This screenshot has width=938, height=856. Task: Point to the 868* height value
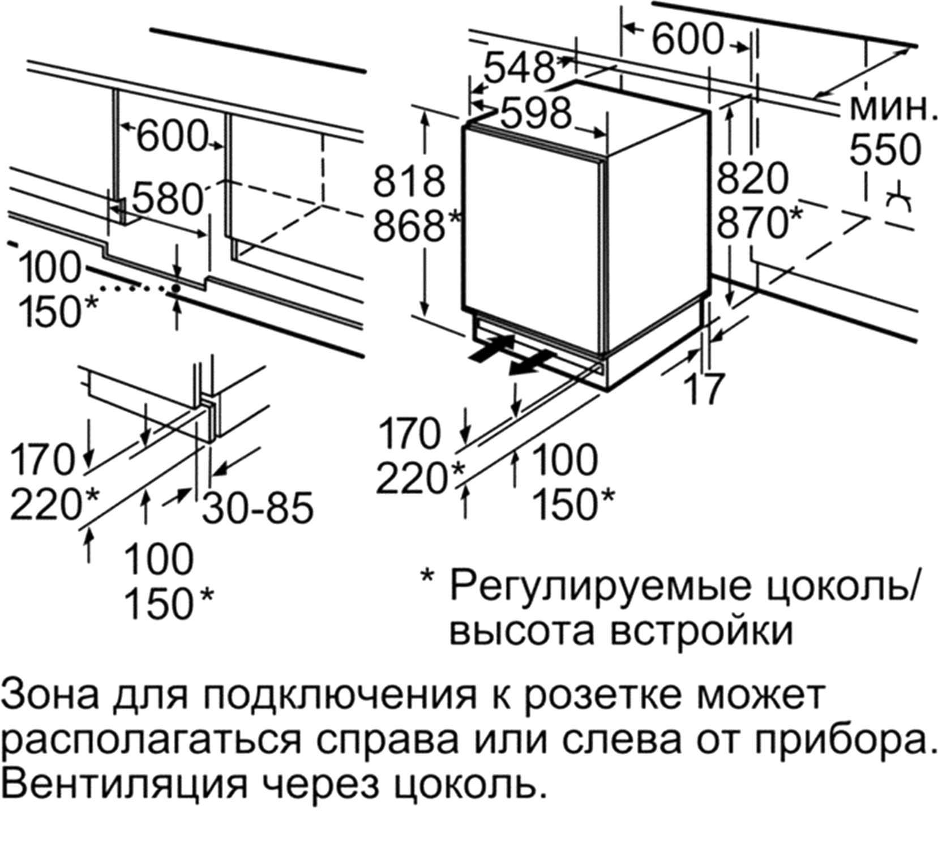(x=416, y=225)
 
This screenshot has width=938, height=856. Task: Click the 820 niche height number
(x=753, y=178)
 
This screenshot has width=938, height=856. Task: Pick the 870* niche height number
(x=759, y=222)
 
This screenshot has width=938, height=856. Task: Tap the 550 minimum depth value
(x=886, y=150)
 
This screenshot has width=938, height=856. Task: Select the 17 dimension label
(x=704, y=388)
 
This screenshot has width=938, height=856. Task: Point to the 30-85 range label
(x=258, y=508)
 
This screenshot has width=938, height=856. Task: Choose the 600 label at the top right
(x=687, y=39)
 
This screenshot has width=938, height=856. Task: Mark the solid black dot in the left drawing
(x=176, y=288)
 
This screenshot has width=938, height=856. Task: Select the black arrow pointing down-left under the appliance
(x=531, y=363)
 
